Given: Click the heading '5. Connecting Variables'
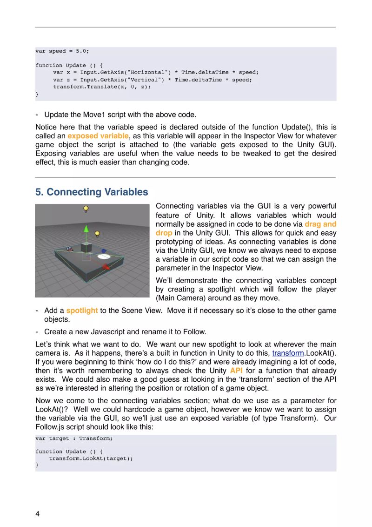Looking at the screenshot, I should pyautogui.click(x=92, y=192).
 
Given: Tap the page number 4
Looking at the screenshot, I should pyautogui.click(x=38, y=513).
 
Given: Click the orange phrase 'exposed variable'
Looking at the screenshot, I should pyautogui.click(x=98, y=136).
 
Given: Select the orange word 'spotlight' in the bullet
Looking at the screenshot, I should pyautogui.click(x=82, y=311).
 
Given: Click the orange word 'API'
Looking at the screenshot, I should pyautogui.click(x=236, y=371).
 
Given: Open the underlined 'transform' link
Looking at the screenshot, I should pyautogui.click(x=287, y=353).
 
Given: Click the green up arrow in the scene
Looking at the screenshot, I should pyautogui.click(x=86, y=229).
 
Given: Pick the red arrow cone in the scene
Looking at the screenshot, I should pyautogui.click(x=106, y=267).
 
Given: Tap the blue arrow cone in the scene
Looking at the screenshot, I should pyautogui.click(x=104, y=250).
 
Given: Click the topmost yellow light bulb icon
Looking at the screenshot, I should pyautogui.click(x=86, y=209).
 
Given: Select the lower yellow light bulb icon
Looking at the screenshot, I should pyautogui.click(x=97, y=233).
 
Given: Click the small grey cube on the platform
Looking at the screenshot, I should pyautogui.click(x=86, y=247).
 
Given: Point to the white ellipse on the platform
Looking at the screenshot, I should pyautogui.click(x=103, y=256).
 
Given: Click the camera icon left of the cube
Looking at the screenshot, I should pyautogui.click(x=70, y=249).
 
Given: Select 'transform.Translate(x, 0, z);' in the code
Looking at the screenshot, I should pyautogui.click(x=102, y=87).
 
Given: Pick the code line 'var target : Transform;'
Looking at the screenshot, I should pyautogui.click(x=74, y=439).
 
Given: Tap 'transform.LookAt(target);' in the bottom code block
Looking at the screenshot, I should pyautogui.click(x=91, y=458).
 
